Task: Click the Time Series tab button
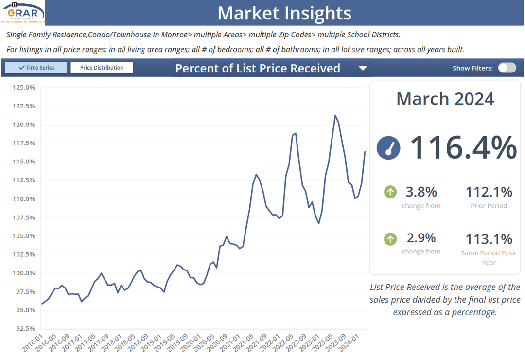click(36, 68)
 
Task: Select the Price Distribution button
click(102, 68)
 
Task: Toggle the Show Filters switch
click(507, 68)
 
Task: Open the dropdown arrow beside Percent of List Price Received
click(363, 68)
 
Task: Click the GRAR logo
click(23, 12)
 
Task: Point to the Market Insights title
click(284, 13)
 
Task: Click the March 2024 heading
click(445, 99)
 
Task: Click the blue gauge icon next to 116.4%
click(388, 147)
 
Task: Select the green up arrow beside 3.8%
click(390, 192)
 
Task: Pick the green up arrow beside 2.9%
click(390, 239)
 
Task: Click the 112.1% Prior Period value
click(489, 192)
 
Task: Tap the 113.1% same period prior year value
click(489, 239)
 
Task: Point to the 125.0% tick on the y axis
click(23, 88)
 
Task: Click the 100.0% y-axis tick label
click(23, 273)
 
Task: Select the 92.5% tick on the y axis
click(23, 329)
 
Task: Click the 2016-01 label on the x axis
click(32, 343)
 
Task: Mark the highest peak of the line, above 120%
click(335, 115)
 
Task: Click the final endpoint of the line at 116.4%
click(365, 152)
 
